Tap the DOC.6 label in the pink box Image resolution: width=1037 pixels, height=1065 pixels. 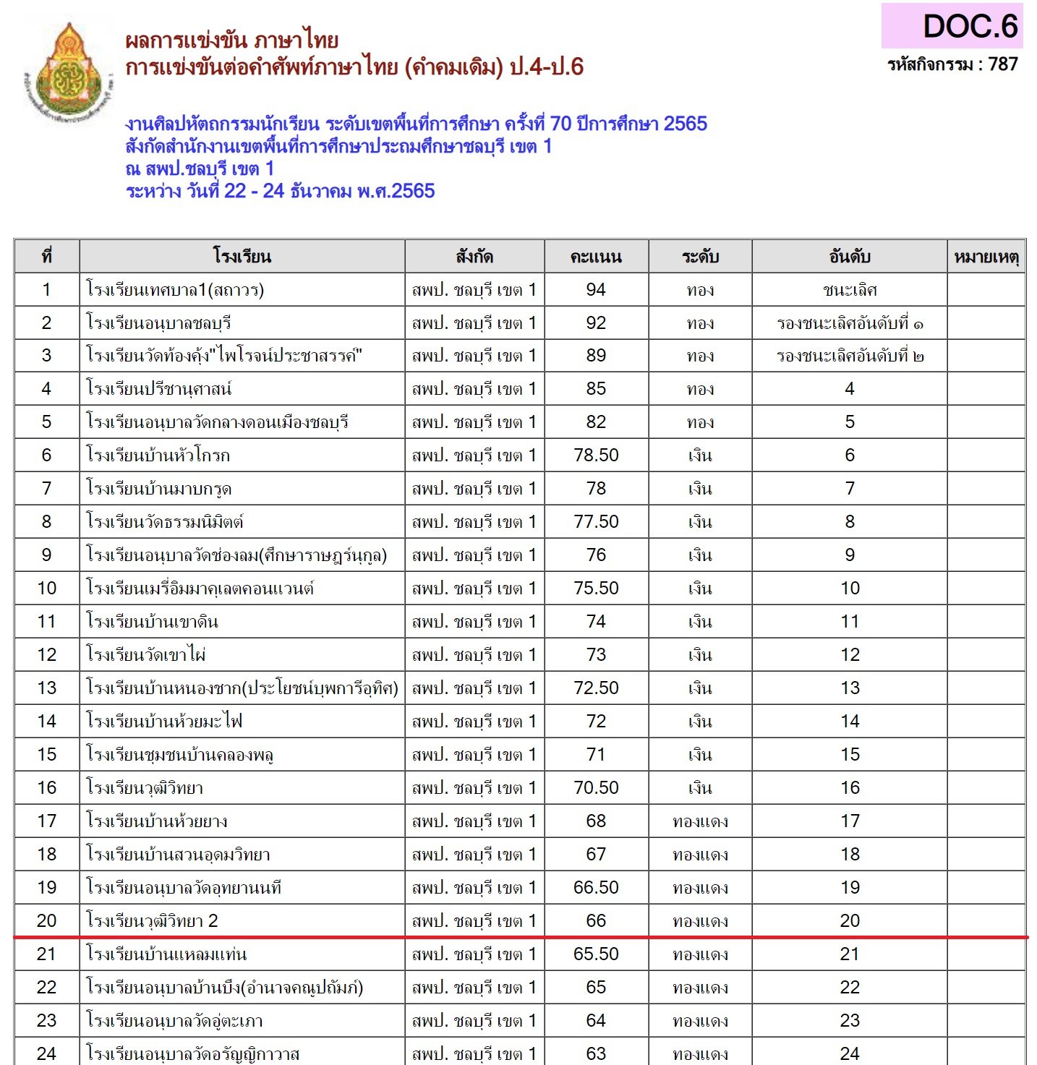[x=970, y=27]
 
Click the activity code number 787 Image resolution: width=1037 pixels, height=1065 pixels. [x=1003, y=64]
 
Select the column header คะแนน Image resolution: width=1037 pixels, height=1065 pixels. [x=596, y=257]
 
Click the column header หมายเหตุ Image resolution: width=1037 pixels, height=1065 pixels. [x=986, y=257]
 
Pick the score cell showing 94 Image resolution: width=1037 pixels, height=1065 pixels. [x=596, y=290]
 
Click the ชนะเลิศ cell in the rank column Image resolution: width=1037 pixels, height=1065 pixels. [x=850, y=290]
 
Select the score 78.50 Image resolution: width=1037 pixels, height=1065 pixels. [x=596, y=455]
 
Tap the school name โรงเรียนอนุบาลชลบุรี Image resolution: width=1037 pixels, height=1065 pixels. [x=158, y=323]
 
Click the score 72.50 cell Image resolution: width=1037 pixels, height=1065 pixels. [x=596, y=688]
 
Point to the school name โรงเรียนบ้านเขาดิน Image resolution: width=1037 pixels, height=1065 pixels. [x=152, y=622]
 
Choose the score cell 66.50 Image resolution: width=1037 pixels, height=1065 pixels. [x=596, y=888]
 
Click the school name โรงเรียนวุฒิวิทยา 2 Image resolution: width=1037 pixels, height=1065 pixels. [x=152, y=921]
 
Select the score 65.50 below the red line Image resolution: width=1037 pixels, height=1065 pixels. [x=596, y=954]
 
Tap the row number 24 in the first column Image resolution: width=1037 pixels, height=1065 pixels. [x=46, y=1053]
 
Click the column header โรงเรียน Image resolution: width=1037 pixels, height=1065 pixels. [x=242, y=257]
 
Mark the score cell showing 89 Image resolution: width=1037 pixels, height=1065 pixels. [x=596, y=356]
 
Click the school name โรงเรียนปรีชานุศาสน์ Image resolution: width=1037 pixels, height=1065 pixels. [x=158, y=389]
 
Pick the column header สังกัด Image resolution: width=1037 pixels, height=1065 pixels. [x=474, y=257]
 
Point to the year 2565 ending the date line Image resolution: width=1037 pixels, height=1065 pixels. [x=413, y=191]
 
